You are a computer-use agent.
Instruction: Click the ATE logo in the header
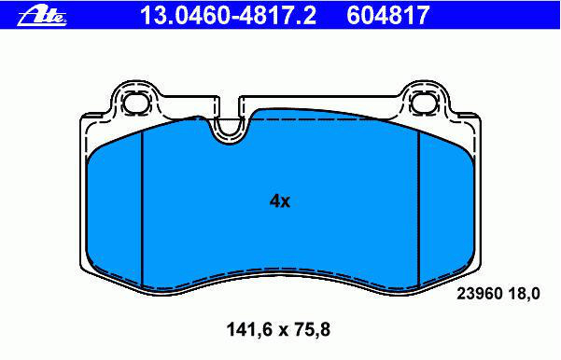coord(42,15)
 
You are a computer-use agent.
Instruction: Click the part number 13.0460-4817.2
coord(229,15)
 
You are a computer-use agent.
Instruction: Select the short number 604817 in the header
coord(387,15)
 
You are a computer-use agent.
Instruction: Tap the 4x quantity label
coord(280,201)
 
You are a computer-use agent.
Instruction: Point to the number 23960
coord(480,294)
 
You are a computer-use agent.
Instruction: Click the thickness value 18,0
coord(525,294)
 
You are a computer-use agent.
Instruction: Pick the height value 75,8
coord(311,329)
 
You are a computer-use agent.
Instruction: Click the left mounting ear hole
coord(135,102)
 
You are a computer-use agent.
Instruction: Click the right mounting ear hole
coord(425,102)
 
